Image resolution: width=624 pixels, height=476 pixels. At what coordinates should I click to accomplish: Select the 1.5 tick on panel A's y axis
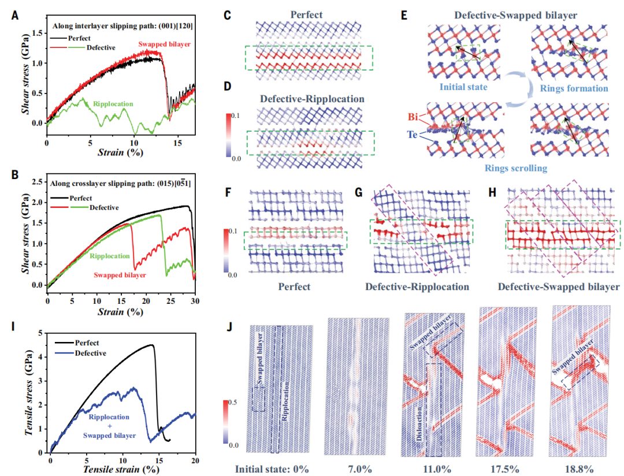coord(38,34)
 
